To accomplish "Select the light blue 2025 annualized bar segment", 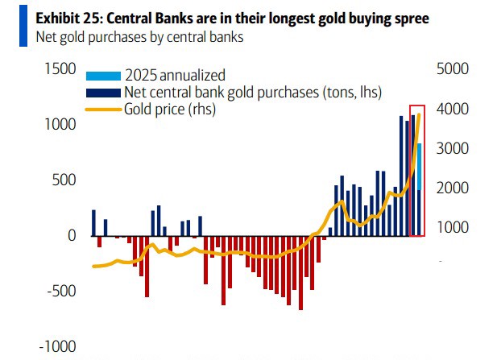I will tap(419, 166).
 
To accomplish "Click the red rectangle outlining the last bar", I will tap(417, 106).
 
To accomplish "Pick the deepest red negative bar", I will tap(300, 273).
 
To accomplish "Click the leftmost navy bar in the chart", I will tap(93, 223).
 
